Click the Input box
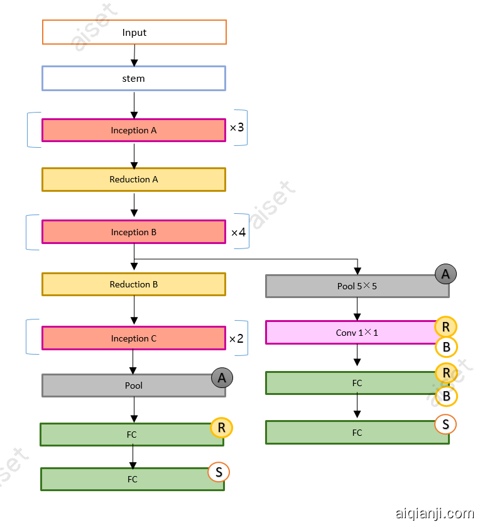pyautogui.click(x=134, y=32)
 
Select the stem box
pyautogui.click(x=133, y=79)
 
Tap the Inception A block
pyautogui.click(x=133, y=130)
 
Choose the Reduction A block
pyautogui.click(x=133, y=179)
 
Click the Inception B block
pyautogui.click(x=133, y=232)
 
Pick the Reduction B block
pyautogui.click(x=133, y=284)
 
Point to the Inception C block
pyautogui.click(x=133, y=338)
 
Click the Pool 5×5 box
pyautogui.click(x=357, y=286)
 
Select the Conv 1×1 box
pyautogui.click(x=357, y=333)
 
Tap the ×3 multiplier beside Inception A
pyautogui.click(x=237, y=128)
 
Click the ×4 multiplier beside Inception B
pyautogui.click(x=238, y=233)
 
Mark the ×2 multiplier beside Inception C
pyautogui.click(x=236, y=338)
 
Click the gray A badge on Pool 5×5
pyautogui.click(x=445, y=274)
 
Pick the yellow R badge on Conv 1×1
pyautogui.click(x=445, y=327)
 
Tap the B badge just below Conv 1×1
pyautogui.click(x=445, y=347)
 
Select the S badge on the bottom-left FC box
pyautogui.click(x=218, y=472)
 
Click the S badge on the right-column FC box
pyautogui.click(x=445, y=424)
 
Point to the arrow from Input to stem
pyautogui.click(x=134, y=55)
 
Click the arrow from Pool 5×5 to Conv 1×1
pyautogui.click(x=357, y=309)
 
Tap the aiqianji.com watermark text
pyautogui.click(x=435, y=513)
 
